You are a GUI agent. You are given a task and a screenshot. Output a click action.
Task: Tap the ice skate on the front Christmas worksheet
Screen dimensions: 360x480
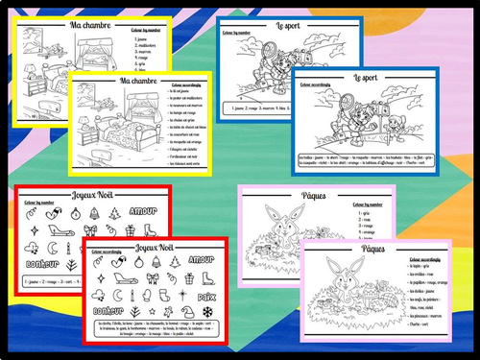(182, 278)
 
